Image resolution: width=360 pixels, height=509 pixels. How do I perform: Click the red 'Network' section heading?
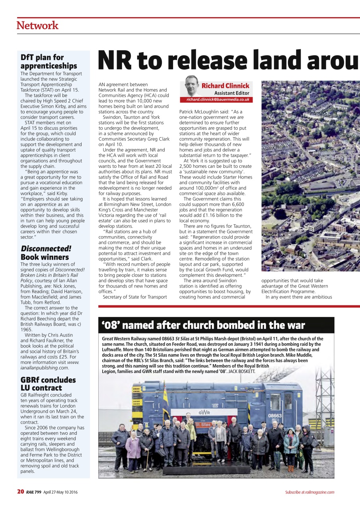pyautogui.click(x=37, y=25)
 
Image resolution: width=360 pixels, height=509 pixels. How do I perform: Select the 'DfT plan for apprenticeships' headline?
pyautogui.click(x=49, y=62)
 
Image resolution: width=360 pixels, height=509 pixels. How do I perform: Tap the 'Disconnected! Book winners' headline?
pyautogui.click(x=46, y=253)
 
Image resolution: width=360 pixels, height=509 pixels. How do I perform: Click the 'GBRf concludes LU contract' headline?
pyautogui.click(x=48, y=384)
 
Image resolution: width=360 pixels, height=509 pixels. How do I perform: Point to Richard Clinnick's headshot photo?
pyautogui.click(x=192, y=85)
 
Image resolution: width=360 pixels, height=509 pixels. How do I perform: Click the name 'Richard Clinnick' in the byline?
pyautogui.click(x=225, y=85)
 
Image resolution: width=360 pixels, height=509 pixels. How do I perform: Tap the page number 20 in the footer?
pyautogui.click(x=21, y=492)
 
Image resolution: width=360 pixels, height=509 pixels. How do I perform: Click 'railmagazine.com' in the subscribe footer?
pyautogui.click(x=320, y=492)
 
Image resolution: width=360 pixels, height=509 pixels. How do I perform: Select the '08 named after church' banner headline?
pyautogui.click(x=203, y=325)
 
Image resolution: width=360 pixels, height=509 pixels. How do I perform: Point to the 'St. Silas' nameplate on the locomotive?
pyautogui.click(x=203, y=424)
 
